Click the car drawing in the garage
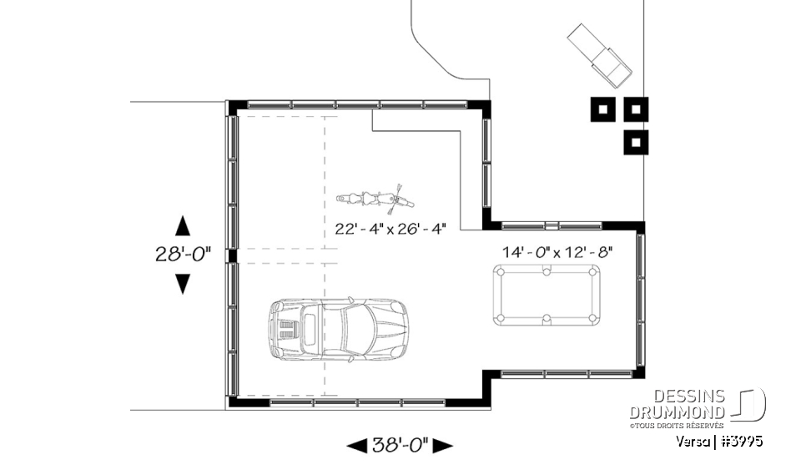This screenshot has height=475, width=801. [338, 330]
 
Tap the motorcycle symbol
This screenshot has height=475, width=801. [375, 199]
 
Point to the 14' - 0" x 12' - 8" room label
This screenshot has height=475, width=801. [557, 250]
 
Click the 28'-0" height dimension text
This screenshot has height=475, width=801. [183, 255]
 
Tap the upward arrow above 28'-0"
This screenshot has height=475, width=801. [182, 226]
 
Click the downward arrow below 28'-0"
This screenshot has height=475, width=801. [182, 284]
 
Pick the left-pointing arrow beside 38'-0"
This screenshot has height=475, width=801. [356, 446]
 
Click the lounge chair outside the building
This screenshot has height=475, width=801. [601, 54]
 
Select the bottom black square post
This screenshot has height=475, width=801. [636, 142]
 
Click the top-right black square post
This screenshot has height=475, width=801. [636, 109]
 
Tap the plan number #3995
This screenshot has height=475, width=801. [743, 441]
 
